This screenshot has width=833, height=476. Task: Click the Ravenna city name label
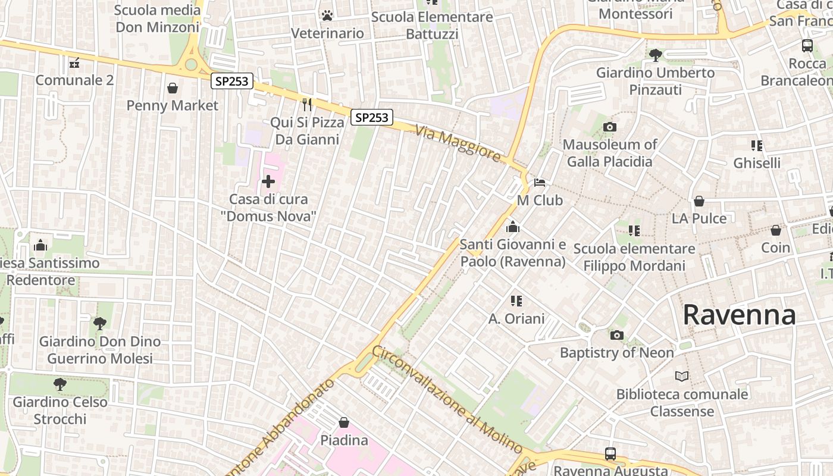click(739, 314)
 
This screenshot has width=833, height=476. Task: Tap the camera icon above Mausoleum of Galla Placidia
click(609, 127)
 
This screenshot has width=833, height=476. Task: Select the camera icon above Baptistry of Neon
click(617, 336)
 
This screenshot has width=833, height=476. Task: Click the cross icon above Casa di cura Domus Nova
click(268, 181)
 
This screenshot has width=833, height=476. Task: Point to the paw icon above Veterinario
click(327, 15)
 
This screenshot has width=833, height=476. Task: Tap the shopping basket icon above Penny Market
click(173, 88)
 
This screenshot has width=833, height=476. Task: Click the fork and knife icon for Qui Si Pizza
click(307, 105)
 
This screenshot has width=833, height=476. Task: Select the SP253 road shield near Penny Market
click(231, 82)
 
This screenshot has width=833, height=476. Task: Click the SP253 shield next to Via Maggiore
click(372, 117)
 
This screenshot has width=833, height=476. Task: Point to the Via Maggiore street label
click(458, 143)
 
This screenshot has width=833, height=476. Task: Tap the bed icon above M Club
click(540, 182)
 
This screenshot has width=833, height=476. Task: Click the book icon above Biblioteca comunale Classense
click(682, 376)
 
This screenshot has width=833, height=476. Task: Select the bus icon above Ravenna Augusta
click(610, 453)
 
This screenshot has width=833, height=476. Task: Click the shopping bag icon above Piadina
click(344, 422)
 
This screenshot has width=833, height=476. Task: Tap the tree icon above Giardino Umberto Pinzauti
click(655, 55)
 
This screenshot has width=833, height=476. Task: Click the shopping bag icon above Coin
click(776, 230)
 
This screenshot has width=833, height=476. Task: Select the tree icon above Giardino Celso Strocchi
click(59, 384)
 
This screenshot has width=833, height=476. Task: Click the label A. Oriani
click(516, 319)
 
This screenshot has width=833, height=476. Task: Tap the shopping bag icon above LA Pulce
click(699, 201)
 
